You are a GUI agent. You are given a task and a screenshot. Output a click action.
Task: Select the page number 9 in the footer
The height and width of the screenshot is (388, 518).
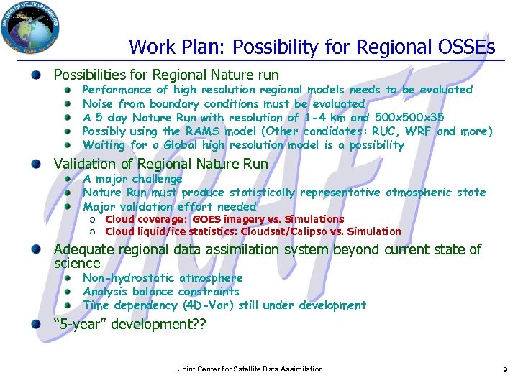[x=506, y=369]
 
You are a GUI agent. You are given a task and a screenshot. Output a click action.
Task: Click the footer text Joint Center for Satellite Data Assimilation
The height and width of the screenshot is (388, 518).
[x=250, y=369]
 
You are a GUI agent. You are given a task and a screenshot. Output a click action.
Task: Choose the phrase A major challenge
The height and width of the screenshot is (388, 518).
[x=132, y=179]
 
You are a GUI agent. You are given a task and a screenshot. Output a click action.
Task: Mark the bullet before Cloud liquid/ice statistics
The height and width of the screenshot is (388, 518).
[x=92, y=232]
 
